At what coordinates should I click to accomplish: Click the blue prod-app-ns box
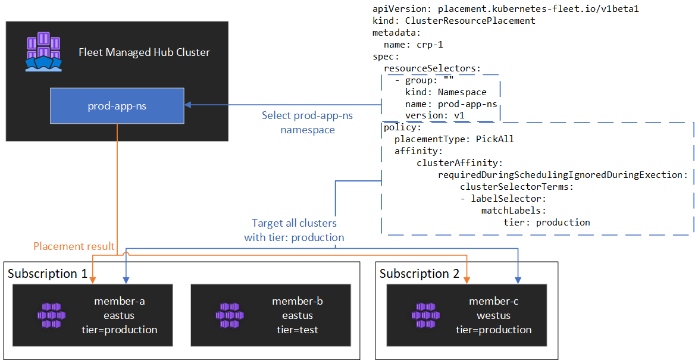click(117, 107)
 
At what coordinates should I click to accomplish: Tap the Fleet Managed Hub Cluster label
click(144, 52)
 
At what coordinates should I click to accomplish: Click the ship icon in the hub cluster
click(43, 52)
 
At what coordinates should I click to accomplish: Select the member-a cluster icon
click(51, 315)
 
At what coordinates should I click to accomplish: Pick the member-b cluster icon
click(230, 315)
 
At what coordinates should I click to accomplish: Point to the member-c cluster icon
click(426, 315)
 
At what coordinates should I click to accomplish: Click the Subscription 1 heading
click(48, 274)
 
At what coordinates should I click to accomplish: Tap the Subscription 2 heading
click(419, 274)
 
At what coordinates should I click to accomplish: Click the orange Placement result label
click(74, 246)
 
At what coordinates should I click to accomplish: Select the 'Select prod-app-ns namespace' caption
click(307, 122)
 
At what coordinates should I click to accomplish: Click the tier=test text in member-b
click(298, 330)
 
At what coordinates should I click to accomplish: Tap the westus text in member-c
click(494, 315)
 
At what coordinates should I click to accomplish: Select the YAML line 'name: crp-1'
click(413, 45)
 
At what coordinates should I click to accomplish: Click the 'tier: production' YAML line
click(546, 223)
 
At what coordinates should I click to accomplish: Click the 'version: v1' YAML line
click(434, 115)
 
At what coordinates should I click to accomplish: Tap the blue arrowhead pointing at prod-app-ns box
click(187, 105)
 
